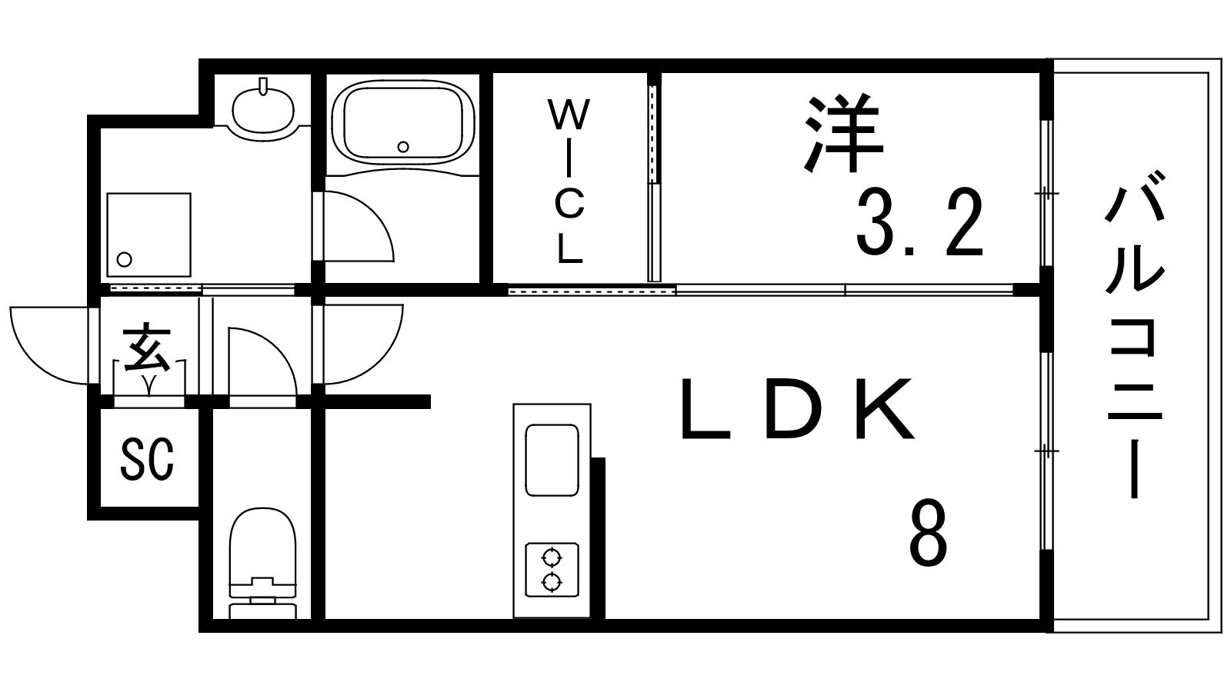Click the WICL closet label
(569, 181)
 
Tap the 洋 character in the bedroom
(844, 134)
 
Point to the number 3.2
(919, 223)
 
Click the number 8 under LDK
(928, 534)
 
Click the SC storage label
(147, 459)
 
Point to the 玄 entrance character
(147, 349)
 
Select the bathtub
(403, 122)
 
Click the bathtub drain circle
(403, 147)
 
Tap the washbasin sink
(263, 108)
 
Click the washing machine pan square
(149, 235)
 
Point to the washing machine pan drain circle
(125, 259)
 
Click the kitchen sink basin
(552, 461)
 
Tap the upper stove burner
(551, 559)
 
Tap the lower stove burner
(551, 581)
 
